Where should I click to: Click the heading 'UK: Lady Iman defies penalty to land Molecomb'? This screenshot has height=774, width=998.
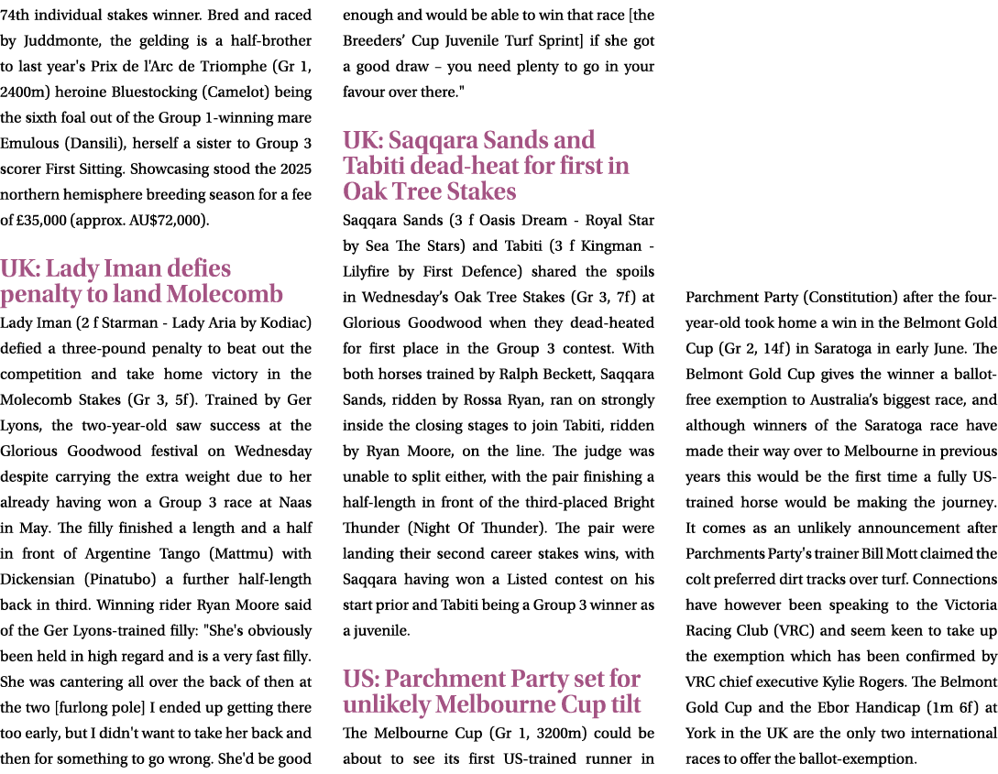142,282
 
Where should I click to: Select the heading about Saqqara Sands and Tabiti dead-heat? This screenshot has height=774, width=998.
486,166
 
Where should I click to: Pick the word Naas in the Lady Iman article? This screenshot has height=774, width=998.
295,503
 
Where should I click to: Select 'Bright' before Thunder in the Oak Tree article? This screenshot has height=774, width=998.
633,503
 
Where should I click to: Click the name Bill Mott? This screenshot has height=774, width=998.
848,554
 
